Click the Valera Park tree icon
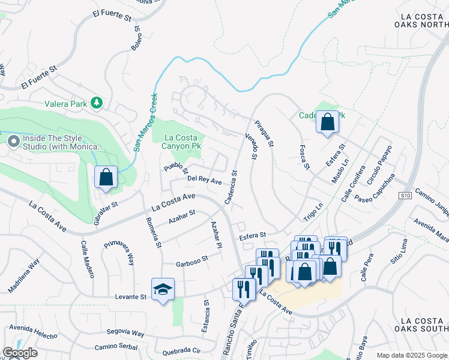pos(97,103)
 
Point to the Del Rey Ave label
pos(204,179)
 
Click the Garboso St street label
pos(191,260)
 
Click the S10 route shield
pos(406,196)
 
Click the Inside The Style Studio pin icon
pos(13,142)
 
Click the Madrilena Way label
pos(23,276)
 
